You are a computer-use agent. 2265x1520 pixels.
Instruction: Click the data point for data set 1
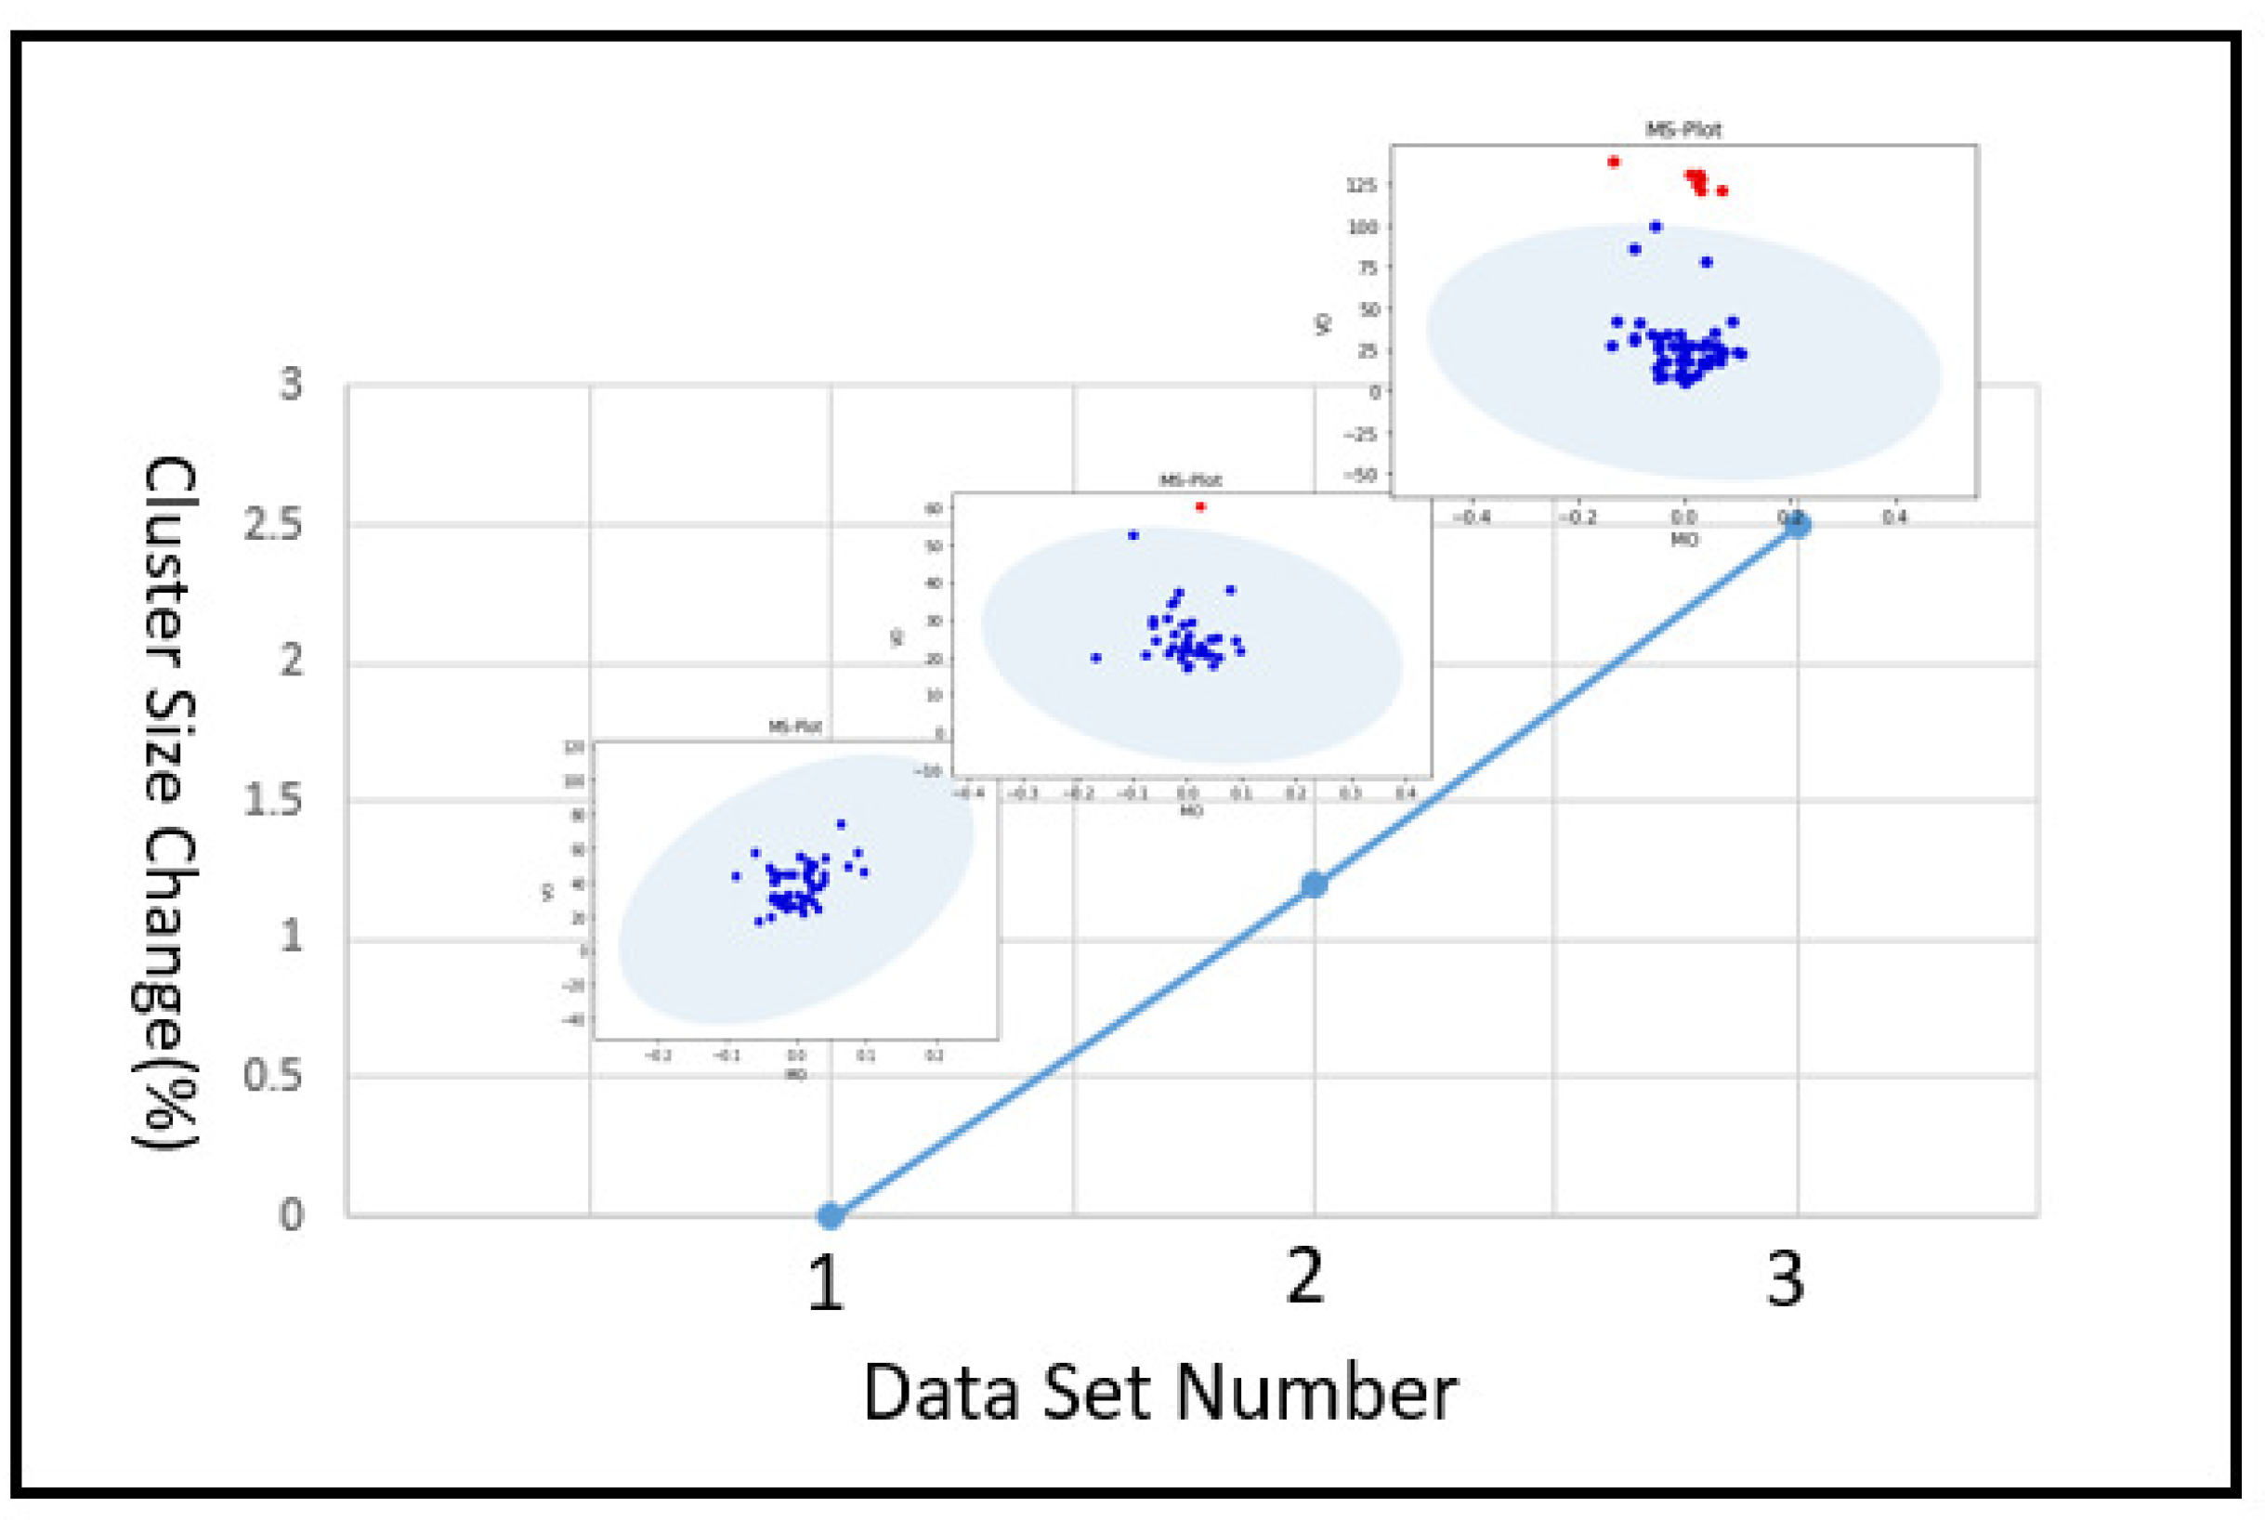830,1214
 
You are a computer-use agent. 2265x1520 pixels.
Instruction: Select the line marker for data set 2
1314,884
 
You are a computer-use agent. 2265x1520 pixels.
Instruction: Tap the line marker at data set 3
1797,526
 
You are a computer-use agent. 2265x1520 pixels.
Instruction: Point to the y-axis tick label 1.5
272,800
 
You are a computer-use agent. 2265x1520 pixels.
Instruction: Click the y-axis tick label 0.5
272,1075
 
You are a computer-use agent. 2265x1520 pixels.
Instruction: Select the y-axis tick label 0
291,1213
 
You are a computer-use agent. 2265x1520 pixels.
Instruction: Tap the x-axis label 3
1786,1279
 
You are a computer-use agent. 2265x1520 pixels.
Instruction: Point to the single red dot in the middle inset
1200,506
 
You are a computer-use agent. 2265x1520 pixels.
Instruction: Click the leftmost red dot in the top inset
1613,162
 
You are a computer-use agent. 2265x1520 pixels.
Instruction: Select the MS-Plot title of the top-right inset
1683,129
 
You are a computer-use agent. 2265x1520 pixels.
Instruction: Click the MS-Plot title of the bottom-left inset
794,726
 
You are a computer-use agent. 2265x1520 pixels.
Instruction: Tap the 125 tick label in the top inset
1361,184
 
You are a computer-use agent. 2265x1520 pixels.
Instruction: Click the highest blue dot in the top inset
1656,227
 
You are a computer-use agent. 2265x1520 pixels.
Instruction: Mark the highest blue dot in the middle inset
1133,535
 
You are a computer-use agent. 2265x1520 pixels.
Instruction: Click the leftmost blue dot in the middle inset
1095,657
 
